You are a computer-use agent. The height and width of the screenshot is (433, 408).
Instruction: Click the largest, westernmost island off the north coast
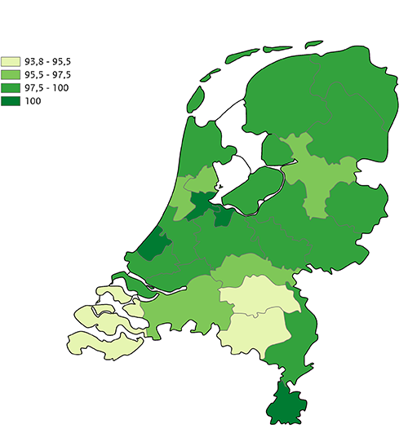(194, 98)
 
